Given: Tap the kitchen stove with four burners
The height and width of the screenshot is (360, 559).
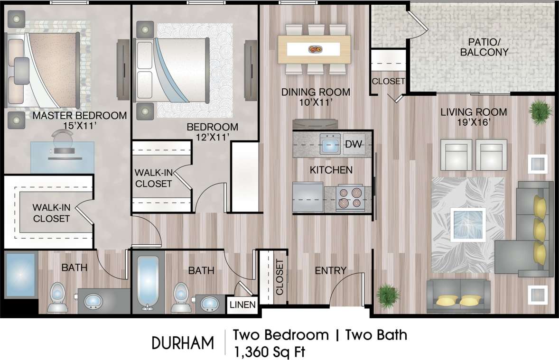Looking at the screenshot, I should (349, 199).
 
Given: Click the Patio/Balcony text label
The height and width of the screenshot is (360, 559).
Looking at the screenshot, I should (484, 47).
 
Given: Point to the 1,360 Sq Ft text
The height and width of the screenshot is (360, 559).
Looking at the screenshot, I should (268, 352).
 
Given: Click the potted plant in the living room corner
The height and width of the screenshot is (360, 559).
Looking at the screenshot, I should (541, 112).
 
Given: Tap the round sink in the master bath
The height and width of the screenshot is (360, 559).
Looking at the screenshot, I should (93, 301).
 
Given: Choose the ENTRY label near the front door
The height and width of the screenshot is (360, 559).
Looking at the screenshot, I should (331, 270).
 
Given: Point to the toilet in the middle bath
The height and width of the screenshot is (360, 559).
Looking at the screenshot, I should (180, 297).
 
